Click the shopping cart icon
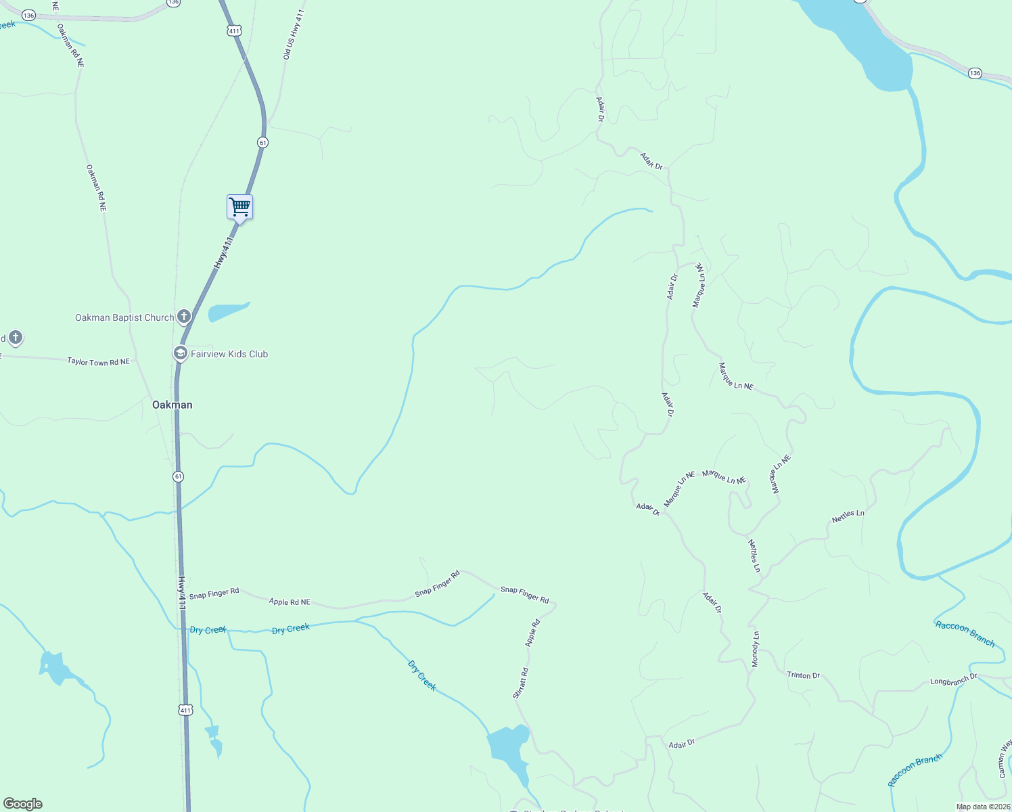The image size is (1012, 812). tap(239, 207)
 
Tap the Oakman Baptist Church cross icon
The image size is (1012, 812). tap(184, 317)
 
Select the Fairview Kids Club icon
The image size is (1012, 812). tap(180, 353)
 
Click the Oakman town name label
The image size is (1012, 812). tap(172, 405)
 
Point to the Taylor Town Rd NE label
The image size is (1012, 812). tap(98, 362)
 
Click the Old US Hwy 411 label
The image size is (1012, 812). tap(294, 35)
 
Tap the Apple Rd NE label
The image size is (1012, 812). tap(290, 602)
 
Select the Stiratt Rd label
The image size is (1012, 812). tap(520, 683)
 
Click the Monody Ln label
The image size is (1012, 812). tap(756, 650)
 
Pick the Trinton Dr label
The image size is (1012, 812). tap(803, 675)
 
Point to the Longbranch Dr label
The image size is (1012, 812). tap(953, 679)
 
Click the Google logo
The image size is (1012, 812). tap(22, 804)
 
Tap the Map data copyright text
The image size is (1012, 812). tap(983, 807)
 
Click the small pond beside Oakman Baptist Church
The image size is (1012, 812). tap(227, 311)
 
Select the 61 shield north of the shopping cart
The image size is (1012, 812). tap(262, 142)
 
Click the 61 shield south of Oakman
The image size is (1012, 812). tap(178, 476)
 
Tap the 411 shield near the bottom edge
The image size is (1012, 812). tap(185, 710)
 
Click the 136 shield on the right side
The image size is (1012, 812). tap(974, 73)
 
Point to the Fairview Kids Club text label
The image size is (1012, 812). tap(229, 354)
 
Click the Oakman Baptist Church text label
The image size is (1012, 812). tap(124, 317)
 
